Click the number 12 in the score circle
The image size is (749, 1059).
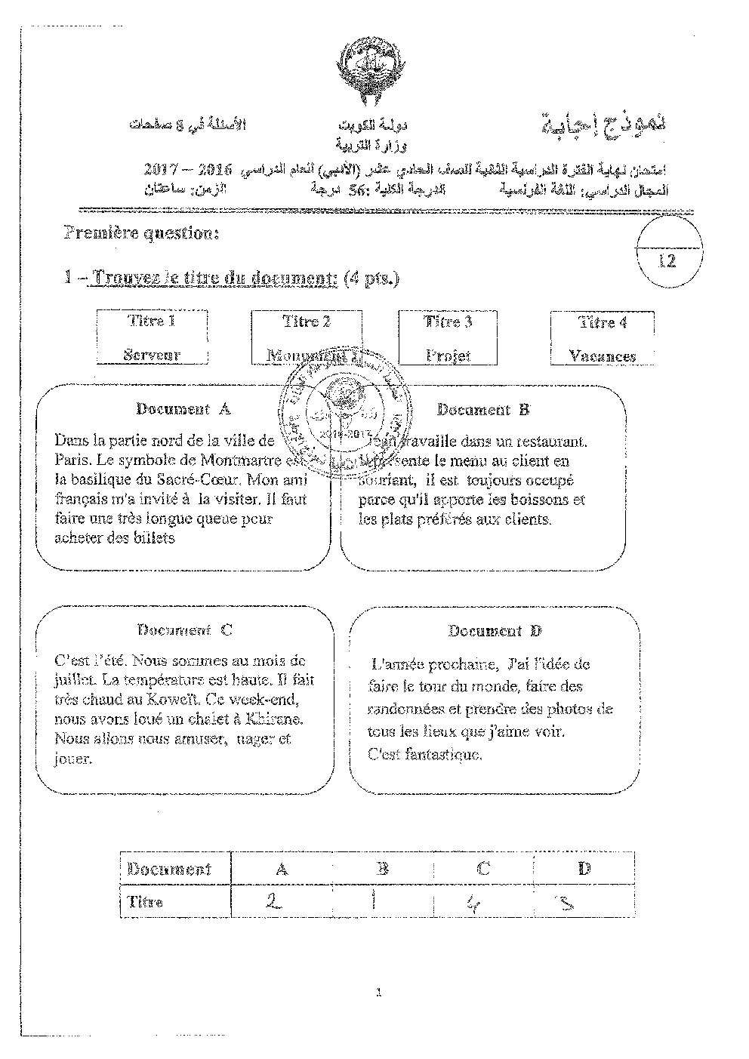tap(667, 261)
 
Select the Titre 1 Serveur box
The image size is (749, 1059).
tap(152, 338)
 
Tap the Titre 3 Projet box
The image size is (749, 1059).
tap(448, 339)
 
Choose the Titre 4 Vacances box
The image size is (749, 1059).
tap(602, 340)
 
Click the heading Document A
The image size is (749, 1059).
tap(183, 409)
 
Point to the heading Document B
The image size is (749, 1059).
tap(483, 410)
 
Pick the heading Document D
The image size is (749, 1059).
tap(495, 631)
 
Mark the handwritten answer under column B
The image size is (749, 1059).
tap(376, 899)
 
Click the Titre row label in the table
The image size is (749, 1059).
tap(145, 902)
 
